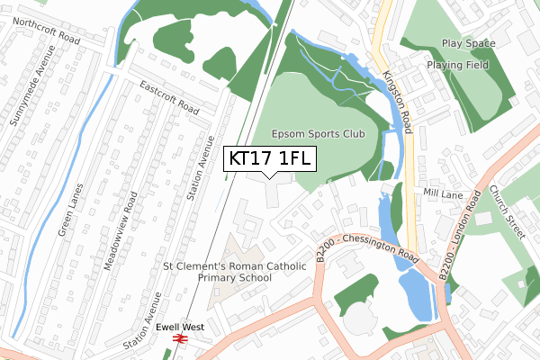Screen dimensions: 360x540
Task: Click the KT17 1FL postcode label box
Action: tap(269, 158)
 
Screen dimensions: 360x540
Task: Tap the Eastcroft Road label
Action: tap(168, 95)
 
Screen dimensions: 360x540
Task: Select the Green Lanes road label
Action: tap(71, 211)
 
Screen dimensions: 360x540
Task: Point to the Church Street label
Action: tap(506, 212)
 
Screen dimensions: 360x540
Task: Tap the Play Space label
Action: tap(469, 43)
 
